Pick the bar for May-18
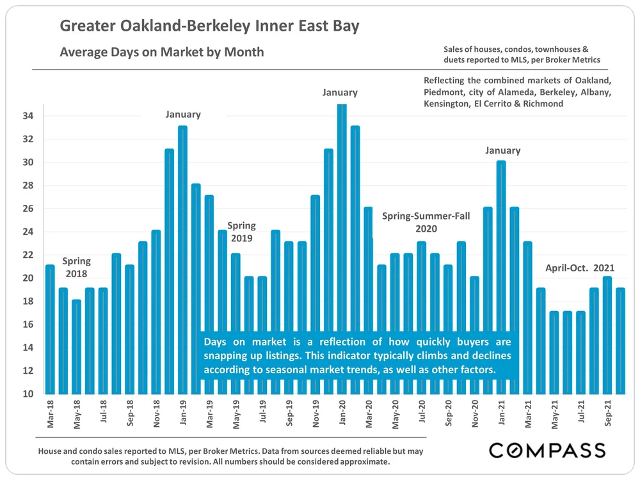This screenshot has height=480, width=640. [x=76, y=346]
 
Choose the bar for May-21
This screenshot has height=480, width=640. [x=554, y=352]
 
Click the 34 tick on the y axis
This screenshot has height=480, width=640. [x=28, y=116]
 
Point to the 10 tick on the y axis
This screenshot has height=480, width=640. [x=28, y=394]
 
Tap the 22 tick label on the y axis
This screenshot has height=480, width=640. [x=28, y=255]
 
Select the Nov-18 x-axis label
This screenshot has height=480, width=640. [x=156, y=413]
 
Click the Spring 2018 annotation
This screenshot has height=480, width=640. [x=76, y=268]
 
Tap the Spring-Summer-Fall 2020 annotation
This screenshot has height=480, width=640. [x=426, y=222]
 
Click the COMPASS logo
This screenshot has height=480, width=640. [x=547, y=450]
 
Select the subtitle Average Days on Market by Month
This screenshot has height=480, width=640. [x=161, y=52]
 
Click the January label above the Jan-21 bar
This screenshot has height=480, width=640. [x=502, y=150]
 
